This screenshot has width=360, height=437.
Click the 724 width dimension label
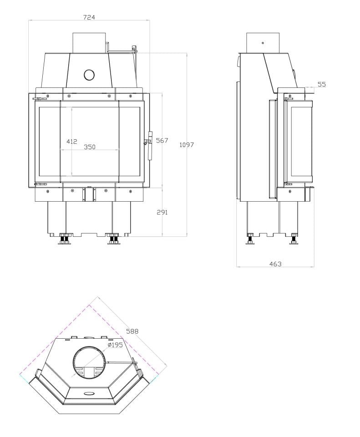click(x=89, y=17)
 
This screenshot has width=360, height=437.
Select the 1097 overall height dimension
click(x=187, y=145)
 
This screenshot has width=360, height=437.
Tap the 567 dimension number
click(x=162, y=141)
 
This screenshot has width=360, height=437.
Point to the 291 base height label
click(x=162, y=213)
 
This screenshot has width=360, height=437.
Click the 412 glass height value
click(x=71, y=142)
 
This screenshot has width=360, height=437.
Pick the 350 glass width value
click(x=90, y=147)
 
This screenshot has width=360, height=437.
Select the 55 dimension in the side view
click(x=322, y=84)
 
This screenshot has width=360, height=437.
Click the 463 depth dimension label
click(x=275, y=264)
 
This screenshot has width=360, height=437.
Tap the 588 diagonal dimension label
click(x=132, y=331)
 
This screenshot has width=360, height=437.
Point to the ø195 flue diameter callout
click(x=115, y=345)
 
